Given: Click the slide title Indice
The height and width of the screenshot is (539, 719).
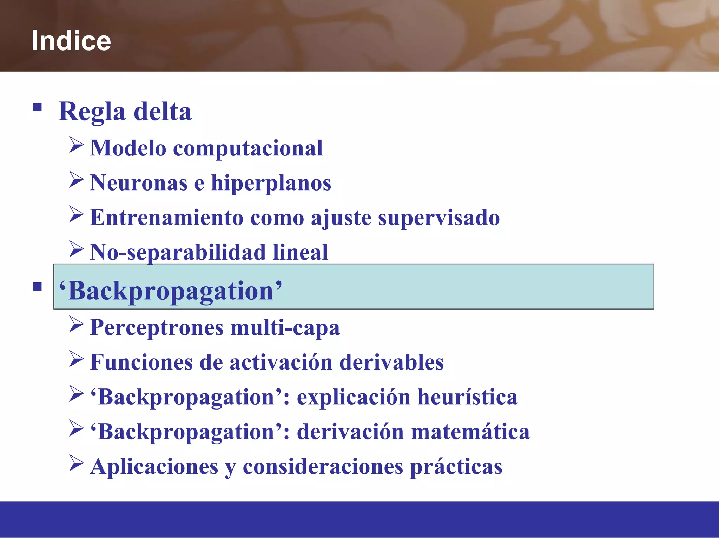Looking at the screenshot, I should (71, 41).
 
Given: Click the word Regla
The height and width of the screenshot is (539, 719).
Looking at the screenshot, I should (92, 112).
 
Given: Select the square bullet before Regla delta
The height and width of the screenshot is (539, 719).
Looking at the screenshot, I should (38, 107).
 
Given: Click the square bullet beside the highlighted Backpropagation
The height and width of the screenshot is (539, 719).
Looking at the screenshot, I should (38, 287).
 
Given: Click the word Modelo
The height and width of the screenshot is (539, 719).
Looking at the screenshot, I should (128, 148).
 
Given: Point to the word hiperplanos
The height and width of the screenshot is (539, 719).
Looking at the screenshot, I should (271, 183).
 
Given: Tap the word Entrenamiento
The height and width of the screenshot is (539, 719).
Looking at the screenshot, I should (167, 218).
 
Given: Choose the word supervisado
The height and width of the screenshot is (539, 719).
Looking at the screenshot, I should (439, 218).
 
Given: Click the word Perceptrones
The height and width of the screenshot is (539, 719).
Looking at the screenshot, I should (157, 328).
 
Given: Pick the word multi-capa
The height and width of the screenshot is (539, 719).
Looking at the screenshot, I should (285, 328).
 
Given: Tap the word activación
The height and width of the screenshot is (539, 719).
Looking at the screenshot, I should (281, 362).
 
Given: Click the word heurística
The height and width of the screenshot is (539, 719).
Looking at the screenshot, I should (468, 397).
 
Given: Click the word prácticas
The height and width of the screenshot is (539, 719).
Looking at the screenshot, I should (456, 467).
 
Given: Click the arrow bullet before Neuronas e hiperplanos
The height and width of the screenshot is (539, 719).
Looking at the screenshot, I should (76, 179).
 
